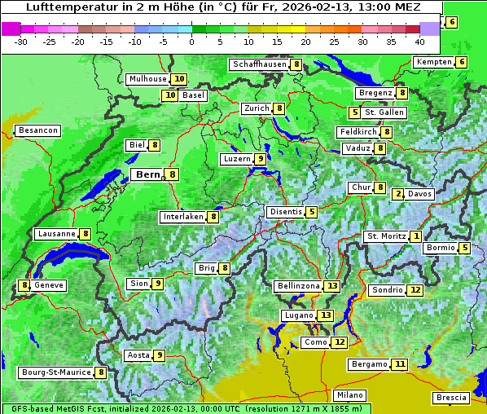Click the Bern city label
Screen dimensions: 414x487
(148, 174)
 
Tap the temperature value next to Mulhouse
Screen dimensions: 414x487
(179, 79)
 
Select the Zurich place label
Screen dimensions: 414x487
(257, 108)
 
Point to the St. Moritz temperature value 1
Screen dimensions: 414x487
(415, 236)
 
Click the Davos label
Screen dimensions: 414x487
(419, 194)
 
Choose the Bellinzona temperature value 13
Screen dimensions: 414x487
(331, 286)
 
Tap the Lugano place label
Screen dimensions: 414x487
(296, 315)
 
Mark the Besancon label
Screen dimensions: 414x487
(38, 130)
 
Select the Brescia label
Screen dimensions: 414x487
(452, 398)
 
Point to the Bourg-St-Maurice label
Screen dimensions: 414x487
(56, 372)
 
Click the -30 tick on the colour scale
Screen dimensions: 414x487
(21, 41)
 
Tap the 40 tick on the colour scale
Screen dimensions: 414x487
(419, 41)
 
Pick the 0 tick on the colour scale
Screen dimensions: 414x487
(192, 41)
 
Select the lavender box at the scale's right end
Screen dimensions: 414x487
(430, 29)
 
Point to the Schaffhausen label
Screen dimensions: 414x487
(260, 64)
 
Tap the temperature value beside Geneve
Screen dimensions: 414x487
(25, 285)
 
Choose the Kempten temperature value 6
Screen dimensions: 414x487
(462, 62)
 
